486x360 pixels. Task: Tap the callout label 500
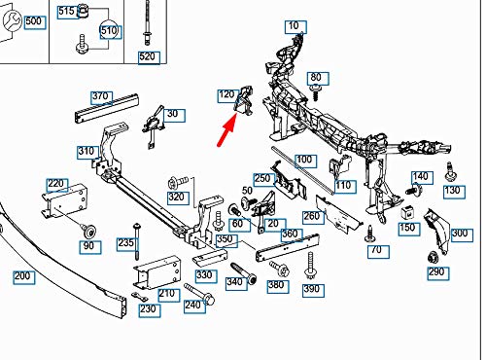[33, 21]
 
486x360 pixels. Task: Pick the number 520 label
[148, 57]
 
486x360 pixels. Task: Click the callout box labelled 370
[101, 96]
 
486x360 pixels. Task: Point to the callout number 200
[21, 276]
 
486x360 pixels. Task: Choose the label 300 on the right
[460, 234]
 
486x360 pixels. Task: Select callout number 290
[436, 272]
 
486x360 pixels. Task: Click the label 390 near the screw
[312, 290]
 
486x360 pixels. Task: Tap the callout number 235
[125, 243]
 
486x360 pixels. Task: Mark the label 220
[56, 183]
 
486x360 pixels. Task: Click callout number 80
[315, 77]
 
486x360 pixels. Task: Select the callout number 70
[378, 250]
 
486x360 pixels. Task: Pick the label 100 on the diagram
[304, 159]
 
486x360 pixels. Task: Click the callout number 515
[66, 11]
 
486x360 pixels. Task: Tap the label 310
[86, 151]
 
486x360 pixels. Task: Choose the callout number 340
[234, 282]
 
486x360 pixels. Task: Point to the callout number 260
[311, 216]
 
